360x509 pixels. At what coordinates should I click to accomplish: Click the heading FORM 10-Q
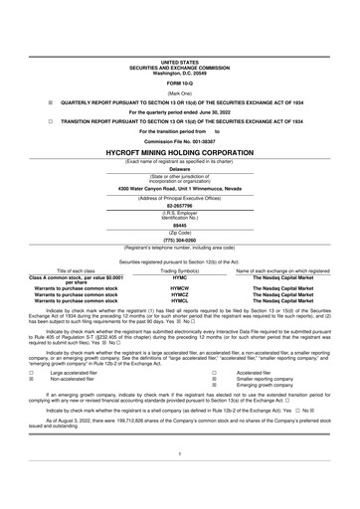click(x=180, y=54)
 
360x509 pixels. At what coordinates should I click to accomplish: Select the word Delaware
click(x=180, y=169)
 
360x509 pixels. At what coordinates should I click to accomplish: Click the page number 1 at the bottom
click(x=180, y=480)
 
